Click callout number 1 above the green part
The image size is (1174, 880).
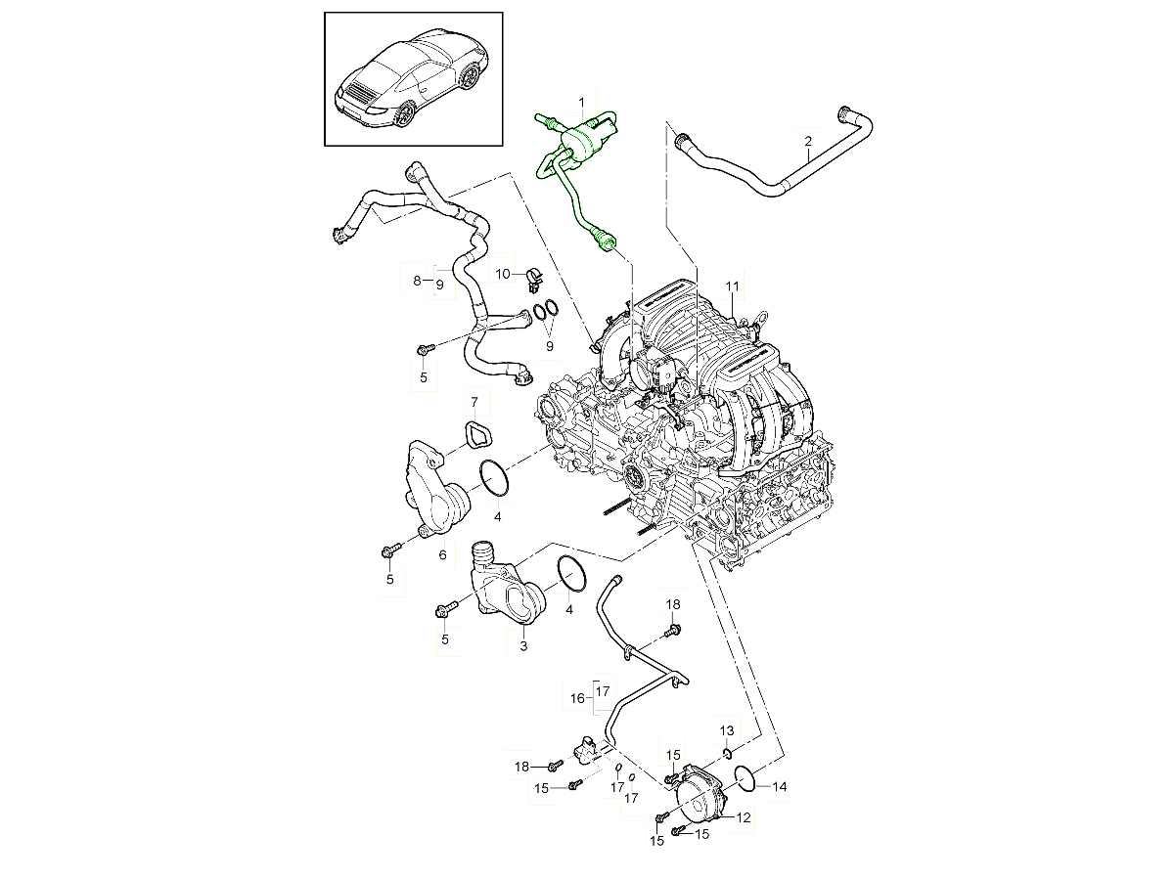pos(580,102)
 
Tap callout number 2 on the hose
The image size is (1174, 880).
pos(808,142)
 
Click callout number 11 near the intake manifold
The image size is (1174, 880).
pos(730,286)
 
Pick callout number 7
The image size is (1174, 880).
pos(474,402)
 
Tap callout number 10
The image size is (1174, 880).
pos(503,273)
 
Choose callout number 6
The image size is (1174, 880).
pos(442,554)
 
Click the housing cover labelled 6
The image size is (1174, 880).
pos(435,489)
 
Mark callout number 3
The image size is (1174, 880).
pos(523,646)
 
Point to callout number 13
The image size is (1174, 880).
pos(727,731)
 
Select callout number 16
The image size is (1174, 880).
pos(578,698)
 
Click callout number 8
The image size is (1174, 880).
pos(417,281)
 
